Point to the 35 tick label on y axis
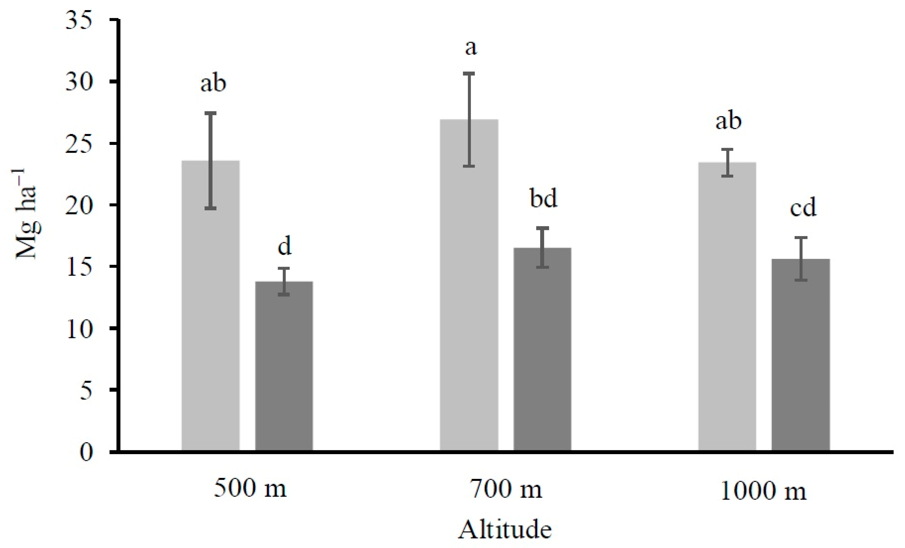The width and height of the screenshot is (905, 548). point(78,20)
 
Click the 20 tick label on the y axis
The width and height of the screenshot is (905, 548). point(78,205)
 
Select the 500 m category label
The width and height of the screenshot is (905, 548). point(250,489)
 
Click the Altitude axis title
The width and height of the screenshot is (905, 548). point(505,530)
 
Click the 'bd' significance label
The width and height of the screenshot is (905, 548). point(543,199)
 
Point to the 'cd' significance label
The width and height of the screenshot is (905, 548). point(803,207)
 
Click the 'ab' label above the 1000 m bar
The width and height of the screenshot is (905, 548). point(728,121)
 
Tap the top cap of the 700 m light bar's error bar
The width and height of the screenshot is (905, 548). point(469,74)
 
